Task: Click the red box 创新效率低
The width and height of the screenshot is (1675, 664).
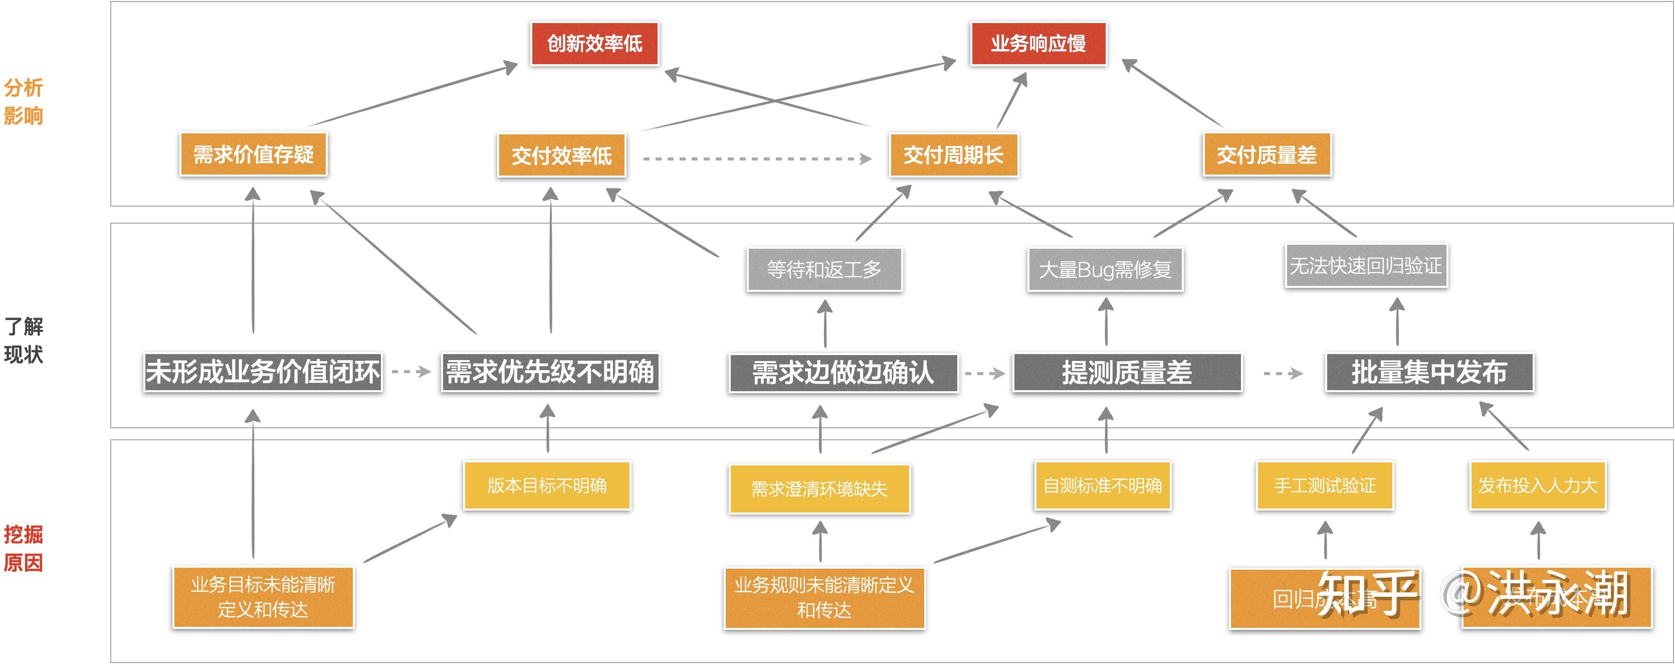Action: click(x=594, y=44)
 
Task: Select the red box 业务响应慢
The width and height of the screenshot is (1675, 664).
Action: click(x=1038, y=44)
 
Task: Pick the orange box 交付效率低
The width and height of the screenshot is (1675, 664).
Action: click(x=561, y=155)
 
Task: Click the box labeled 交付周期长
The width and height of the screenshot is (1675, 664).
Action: click(x=953, y=155)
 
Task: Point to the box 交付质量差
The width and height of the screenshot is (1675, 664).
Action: click(x=1267, y=155)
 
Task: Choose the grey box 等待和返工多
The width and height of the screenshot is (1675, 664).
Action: click(x=824, y=269)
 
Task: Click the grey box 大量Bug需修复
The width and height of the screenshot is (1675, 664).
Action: click(x=1105, y=269)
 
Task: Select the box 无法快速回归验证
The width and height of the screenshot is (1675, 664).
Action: click(x=1365, y=265)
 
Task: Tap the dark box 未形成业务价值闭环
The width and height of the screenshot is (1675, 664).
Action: click(x=263, y=372)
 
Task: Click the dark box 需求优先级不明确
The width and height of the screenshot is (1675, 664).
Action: click(x=550, y=372)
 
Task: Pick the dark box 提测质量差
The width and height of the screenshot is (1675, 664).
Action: click(x=1127, y=373)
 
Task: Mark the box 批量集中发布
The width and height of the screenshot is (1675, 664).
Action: click(x=1429, y=372)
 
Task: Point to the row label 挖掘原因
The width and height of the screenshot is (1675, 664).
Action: click(x=24, y=548)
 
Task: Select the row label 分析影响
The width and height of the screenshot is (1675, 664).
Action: click(x=24, y=101)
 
